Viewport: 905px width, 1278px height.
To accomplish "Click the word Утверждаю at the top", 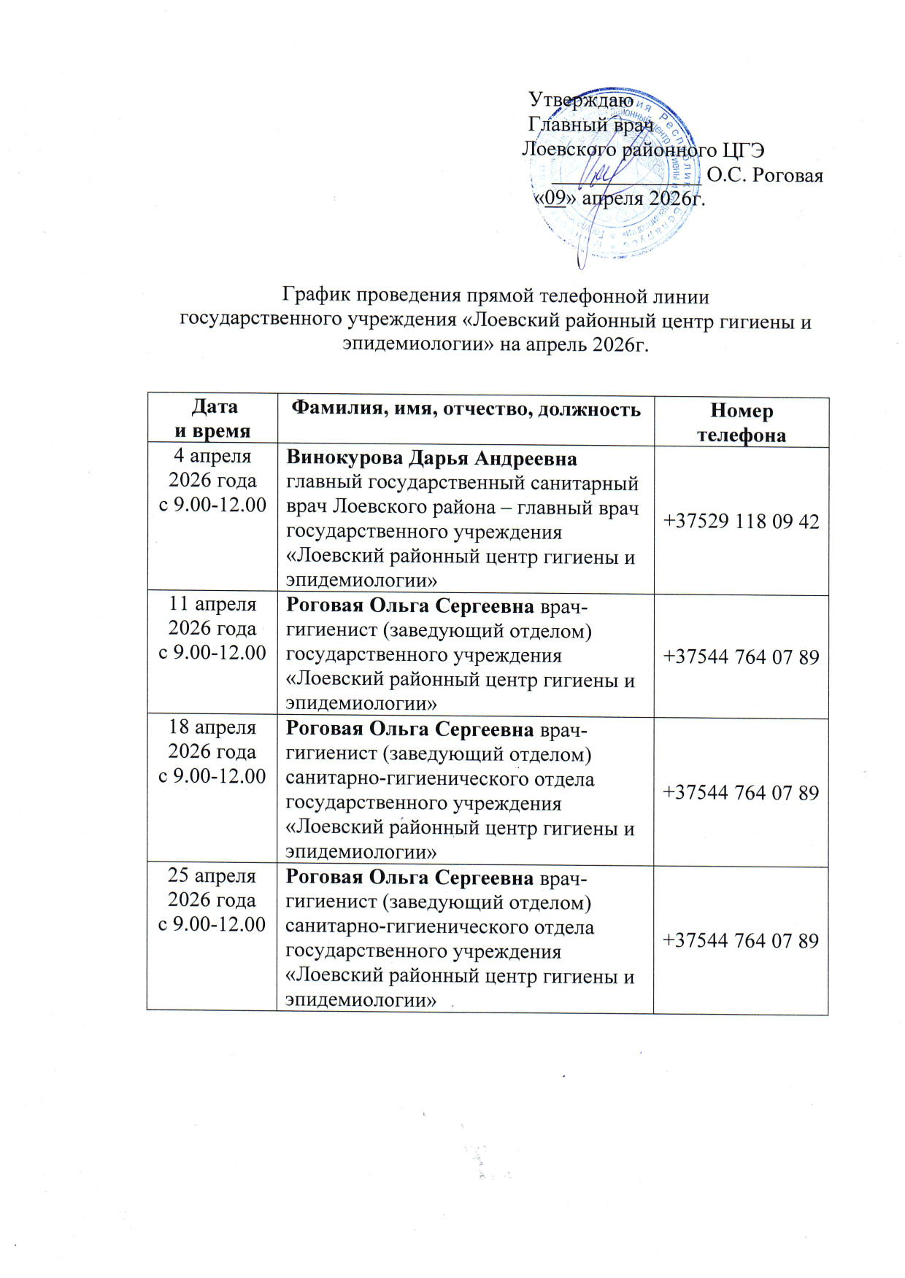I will [x=580, y=100].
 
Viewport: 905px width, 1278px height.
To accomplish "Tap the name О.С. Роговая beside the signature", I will [x=764, y=176].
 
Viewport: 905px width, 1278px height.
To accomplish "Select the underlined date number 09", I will [x=556, y=198].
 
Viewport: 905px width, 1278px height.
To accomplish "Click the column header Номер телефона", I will [x=741, y=423].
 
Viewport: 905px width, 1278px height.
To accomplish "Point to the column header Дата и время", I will [x=212, y=419].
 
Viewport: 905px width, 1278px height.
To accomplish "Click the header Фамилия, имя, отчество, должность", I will [x=466, y=409].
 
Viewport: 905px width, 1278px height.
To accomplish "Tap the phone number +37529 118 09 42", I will [x=741, y=522].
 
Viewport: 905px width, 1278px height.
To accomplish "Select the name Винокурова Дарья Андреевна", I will [x=431, y=458].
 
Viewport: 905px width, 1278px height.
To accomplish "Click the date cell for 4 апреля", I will [x=212, y=481].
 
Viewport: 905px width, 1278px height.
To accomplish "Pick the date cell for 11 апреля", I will [x=212, y=628].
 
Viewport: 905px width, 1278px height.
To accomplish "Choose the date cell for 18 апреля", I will [x=212, y=751].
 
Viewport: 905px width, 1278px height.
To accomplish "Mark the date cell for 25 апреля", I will [x=212, y=899].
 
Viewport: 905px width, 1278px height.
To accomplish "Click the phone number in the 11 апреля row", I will [x=741, y=657].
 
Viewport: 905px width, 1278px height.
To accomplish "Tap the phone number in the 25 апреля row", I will [x=741, y=941].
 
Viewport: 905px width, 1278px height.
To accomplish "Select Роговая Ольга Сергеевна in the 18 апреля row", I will [x=409, y=729].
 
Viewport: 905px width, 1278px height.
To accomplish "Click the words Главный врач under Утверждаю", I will [x=590, y=125].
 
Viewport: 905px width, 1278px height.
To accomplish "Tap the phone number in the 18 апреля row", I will [x=741, y=793].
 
